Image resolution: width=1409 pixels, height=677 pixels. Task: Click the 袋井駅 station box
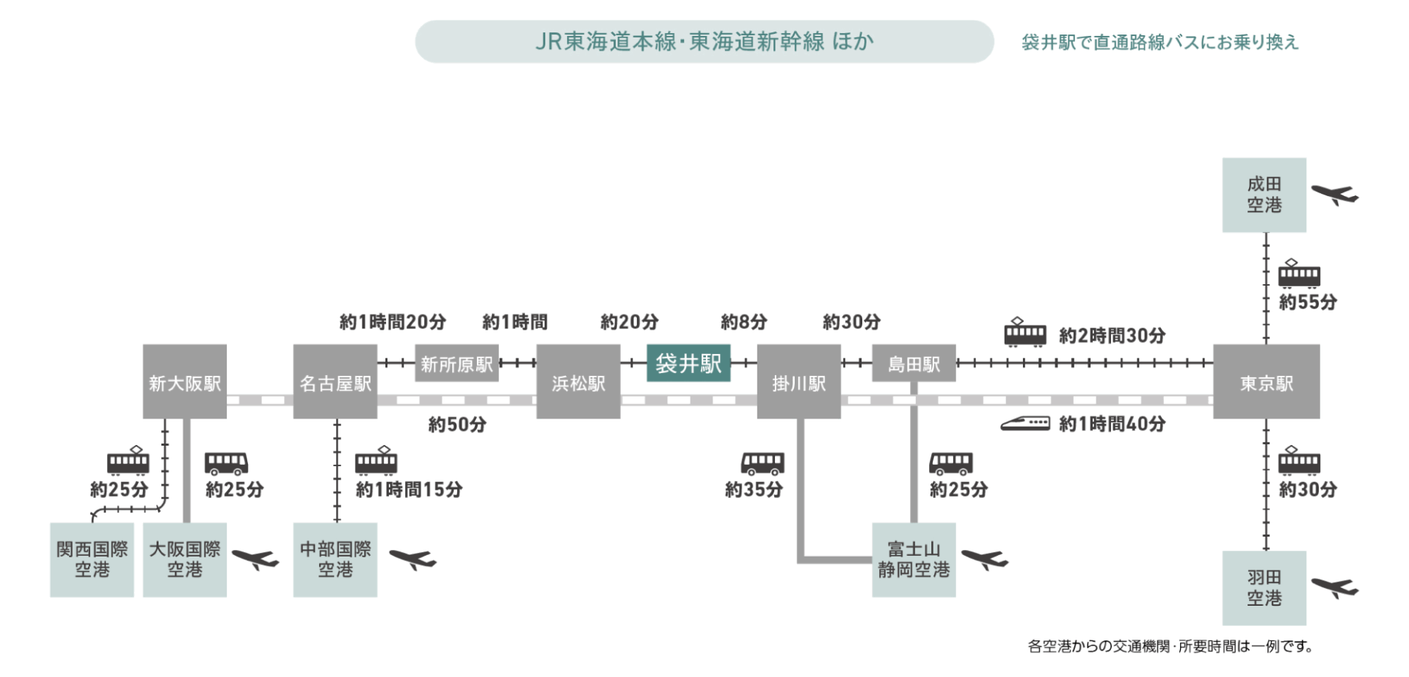(x=688, y=363)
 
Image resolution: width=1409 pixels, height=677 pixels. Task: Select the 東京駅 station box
(x=1266, y=382)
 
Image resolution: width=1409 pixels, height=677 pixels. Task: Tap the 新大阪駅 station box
(x=184, y=382)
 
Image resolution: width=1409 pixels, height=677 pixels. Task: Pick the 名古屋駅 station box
(x=335, y=382)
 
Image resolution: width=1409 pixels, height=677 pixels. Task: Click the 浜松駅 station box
(x=578, y=382)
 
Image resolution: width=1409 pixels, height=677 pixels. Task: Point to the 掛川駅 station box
(x=798, y=382)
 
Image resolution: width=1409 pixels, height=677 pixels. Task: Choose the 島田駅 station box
(x=914, y=363)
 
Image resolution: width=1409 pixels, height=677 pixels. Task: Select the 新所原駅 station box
(x=456, y=363)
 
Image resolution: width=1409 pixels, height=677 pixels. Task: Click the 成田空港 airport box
(x=1264, y=195)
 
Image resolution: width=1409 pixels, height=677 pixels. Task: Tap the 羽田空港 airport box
(x=1264, y=588)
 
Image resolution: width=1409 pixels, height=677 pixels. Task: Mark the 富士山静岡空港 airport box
(x=914, y=560)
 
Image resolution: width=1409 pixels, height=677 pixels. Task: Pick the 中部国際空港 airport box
(x=335, y=560)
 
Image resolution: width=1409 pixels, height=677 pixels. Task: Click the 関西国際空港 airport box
(x=92, y=560)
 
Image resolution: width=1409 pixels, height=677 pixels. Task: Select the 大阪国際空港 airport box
(x=184, y=560)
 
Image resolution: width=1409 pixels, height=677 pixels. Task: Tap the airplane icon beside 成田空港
(x=1334, y=195)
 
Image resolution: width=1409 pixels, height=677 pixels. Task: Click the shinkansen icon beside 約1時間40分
(x=1025, y=424)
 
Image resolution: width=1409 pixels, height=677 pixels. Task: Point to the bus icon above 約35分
(x=762, y=463)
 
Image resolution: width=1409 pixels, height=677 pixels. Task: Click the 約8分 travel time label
(x=743, y=322)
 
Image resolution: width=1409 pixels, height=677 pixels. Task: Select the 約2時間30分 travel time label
(x=1112, y=336)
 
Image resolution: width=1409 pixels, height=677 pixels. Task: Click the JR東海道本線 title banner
(x=704, y=41)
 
